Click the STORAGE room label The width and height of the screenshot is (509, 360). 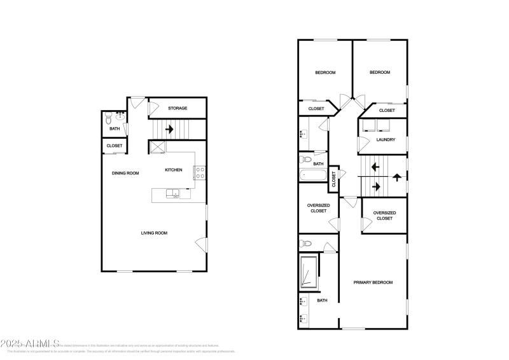[178, 108]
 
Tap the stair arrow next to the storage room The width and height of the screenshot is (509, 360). [169, 129]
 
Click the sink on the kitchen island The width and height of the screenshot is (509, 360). [171, 193]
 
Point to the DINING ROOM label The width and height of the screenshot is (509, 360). [125, 173]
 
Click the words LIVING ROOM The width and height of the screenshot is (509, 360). [154, 233]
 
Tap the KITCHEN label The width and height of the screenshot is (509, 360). [174, 170]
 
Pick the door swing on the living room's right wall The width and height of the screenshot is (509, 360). [201, 244]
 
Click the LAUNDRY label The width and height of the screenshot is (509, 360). [386, 140]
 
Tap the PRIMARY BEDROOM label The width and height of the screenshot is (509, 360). [373, 282]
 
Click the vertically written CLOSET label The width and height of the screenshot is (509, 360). [333, 180]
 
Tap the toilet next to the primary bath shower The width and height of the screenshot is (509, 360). [305, 243]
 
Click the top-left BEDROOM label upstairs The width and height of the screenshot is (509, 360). [325, 73]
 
